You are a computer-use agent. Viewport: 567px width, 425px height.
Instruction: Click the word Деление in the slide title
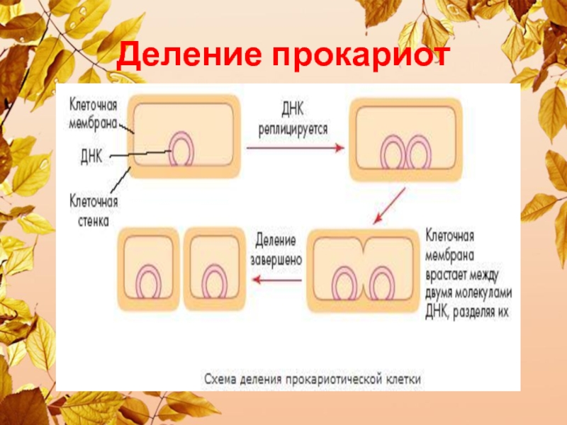coord(184,55)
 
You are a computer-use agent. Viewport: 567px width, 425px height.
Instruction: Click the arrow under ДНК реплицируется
coord(295,148)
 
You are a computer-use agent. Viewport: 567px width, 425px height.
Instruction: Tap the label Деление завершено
coord(276,250)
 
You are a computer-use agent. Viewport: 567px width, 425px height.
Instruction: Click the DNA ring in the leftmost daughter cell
coord(149,283)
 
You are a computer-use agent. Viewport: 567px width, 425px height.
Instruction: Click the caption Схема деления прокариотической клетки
coord(313,380)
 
